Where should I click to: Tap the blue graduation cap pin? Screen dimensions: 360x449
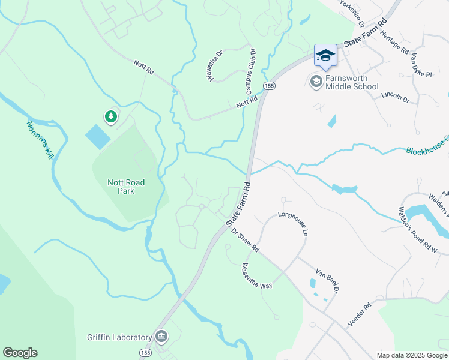[325, 56]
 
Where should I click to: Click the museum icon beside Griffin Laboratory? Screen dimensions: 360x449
[161, 337]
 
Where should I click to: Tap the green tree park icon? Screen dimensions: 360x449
[110, 116]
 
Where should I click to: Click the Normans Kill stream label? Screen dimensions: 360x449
[40, 140]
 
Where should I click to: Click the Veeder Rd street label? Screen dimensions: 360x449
[360, 314]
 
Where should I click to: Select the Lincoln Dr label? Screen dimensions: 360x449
[395, 97]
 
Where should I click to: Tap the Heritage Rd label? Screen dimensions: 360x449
[394, 43]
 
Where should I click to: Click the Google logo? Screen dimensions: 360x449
[20, 353]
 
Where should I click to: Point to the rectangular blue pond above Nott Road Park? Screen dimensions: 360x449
[98, 137]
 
